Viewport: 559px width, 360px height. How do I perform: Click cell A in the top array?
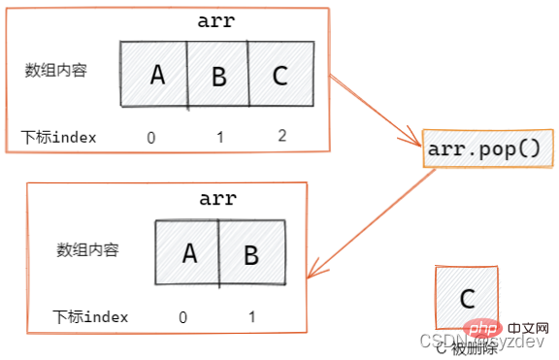tap(153, 75)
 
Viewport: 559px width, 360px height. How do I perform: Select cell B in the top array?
tap(217, 75)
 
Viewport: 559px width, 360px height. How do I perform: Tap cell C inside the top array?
tap(280, 75)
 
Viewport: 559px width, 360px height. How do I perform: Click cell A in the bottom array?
tap(187, 252)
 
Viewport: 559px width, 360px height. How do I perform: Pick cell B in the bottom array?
tap(251, 252)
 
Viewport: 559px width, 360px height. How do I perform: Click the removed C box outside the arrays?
tap(467, 298)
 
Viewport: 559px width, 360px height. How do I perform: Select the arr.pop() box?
tap(482, 148)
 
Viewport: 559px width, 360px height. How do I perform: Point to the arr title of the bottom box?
tap(216, 199)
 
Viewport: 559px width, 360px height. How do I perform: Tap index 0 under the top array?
tap(150, 138)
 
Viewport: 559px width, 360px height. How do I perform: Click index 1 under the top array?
tap(219, 138)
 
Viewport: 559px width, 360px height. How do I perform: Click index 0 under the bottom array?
tap(181, 317)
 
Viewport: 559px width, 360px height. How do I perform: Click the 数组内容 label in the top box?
tap(57, 71)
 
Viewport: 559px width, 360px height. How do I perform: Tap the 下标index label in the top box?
tap(59, 137)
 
